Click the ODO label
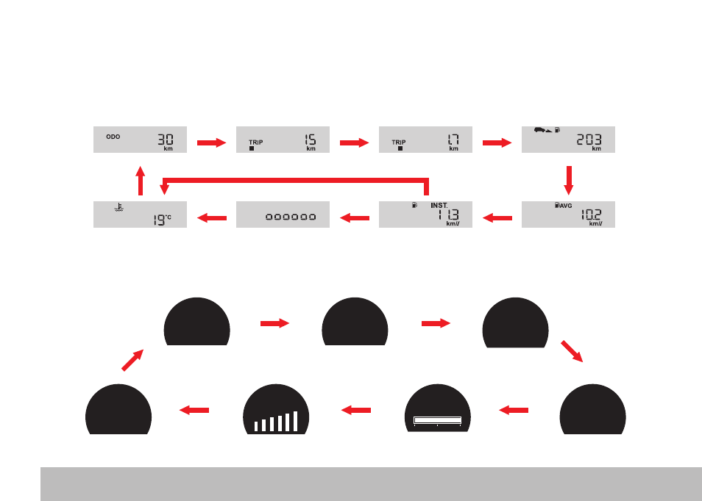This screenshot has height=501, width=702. point(113,137)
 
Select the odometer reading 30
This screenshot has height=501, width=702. point(166,140)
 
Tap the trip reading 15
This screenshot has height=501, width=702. point(311,140)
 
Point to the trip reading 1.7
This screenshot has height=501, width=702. point(453,140)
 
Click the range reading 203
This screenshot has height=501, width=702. point(589,140)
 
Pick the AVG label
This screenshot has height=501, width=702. point(566,206)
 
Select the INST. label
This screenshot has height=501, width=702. point(439,206)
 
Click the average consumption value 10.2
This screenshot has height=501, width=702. point(591,215)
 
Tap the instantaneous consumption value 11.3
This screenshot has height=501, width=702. point(449,215)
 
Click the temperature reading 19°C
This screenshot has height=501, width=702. point(162,220)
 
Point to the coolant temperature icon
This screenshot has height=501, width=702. point(118,207)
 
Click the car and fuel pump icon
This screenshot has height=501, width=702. point(547,130)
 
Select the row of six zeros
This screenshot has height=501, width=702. point(291,217)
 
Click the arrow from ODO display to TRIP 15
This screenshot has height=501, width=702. point(212,143)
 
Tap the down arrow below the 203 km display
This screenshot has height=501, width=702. point(569,181)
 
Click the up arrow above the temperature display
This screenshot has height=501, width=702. point(140,181)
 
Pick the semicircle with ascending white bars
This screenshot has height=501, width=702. point(276,409)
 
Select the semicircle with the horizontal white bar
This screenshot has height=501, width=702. point(437,408)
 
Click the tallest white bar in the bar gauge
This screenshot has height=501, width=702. point(295,421)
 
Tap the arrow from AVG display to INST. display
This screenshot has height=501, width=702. point(497,218)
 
